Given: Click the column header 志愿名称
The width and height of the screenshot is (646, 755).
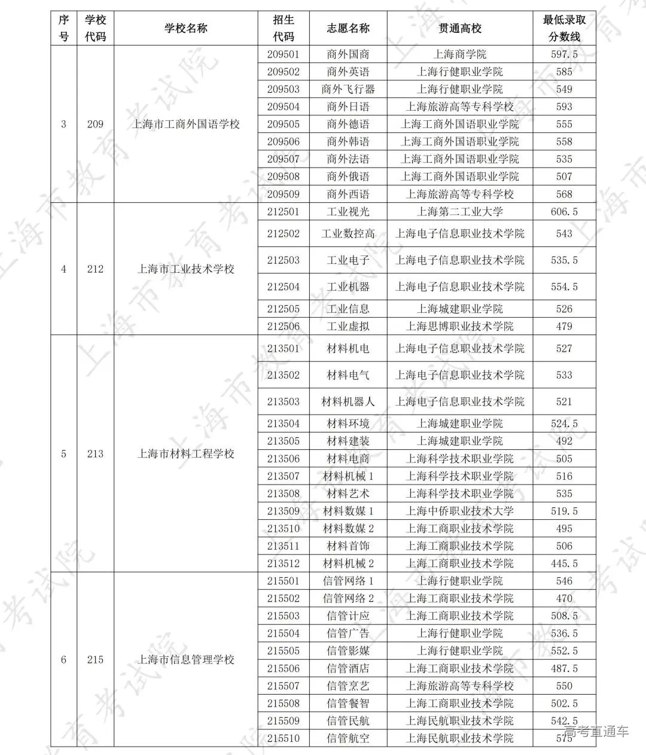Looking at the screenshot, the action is [x=348, y=28].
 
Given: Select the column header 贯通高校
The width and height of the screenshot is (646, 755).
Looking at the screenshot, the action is [x=459, y=28].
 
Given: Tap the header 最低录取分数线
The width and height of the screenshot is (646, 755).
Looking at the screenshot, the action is [x=564, y=28].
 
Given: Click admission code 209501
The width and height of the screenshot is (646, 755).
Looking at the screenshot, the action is [x=283, y=54].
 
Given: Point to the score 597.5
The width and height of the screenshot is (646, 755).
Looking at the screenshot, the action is [x=564, y=54].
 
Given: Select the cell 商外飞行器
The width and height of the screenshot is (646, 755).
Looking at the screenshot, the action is [x=348, y=89].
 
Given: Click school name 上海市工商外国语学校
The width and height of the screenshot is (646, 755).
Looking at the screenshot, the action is [x=185, y=124].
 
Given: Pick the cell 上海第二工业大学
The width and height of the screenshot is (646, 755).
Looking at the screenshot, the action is [x=459, y=212].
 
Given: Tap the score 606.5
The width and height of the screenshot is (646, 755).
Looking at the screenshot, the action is [x=564, y=212].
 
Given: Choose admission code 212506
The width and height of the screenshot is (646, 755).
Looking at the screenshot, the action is [x=283, y=327].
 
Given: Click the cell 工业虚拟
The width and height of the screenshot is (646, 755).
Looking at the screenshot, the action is [x=348, y=327].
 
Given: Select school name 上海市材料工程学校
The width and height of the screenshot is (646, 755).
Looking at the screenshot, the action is [x=185, y=454].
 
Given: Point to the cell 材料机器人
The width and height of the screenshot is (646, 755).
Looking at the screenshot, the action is [x=348, y=401].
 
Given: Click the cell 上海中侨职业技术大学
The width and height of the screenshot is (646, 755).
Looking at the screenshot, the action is [x=459, y=512].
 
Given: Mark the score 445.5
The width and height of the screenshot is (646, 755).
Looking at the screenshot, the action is [x=564, y=564].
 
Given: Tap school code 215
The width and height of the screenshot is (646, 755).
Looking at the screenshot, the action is [x=95, y=660].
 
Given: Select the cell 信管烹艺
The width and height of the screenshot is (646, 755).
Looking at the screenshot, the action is [x=348, y=686].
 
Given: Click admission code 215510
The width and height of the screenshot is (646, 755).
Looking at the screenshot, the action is [x=283, y=738].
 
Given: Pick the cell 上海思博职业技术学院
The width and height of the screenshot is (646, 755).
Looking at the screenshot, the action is [x=459, y=327].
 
